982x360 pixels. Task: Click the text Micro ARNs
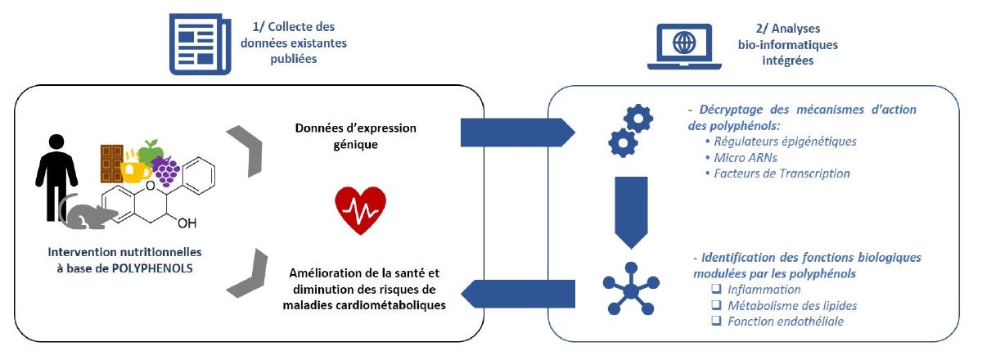pos(736,157)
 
